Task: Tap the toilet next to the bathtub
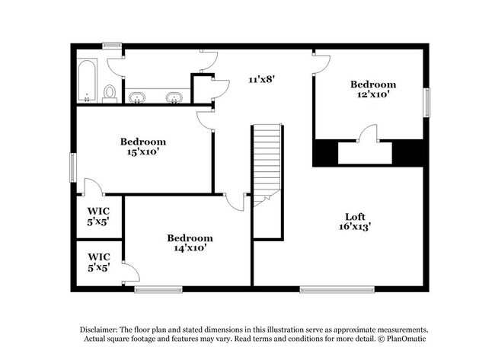(x=110, y=93)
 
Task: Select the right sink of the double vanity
(x=174, y=97)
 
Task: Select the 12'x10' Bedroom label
(x=373, y=84)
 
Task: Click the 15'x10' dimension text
(x=143, y=151)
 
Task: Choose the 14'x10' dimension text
(x=190, y=247)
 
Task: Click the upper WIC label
(x=98, y=211)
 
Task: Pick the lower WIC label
(x=98, y=257)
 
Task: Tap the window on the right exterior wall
(x=426, y=103)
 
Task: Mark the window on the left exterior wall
(x=73, y=167)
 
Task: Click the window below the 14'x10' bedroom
(x=158, y=289)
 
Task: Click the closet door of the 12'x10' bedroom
(x=368, y=137)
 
